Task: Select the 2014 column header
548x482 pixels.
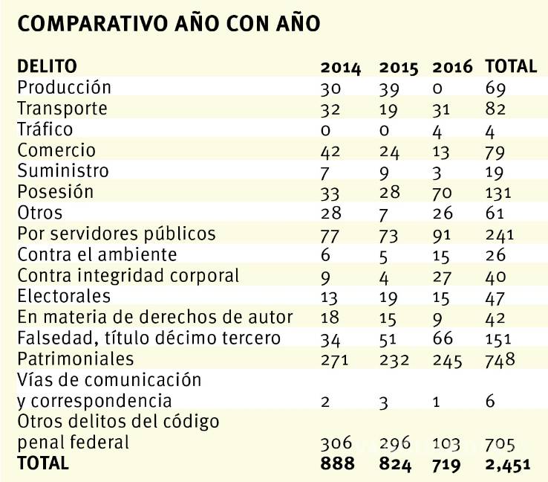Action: [x=341, y=67]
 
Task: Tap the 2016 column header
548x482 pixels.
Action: [x=452, y=67]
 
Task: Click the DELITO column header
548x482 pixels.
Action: [x=47, y=66]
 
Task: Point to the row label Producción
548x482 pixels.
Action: [x=64, y=87]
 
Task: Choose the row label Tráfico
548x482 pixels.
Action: [x=45, y=129]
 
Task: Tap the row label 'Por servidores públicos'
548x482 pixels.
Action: [x=116, y=234]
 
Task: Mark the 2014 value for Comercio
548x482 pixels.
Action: [x=332, y=151]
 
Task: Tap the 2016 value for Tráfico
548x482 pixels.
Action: [x=437, y=130]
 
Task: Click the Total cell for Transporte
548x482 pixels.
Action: [x=495, y=109]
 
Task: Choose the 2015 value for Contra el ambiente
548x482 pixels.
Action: [x=385, y=255]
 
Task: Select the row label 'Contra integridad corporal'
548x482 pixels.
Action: [x=128, y=275]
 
